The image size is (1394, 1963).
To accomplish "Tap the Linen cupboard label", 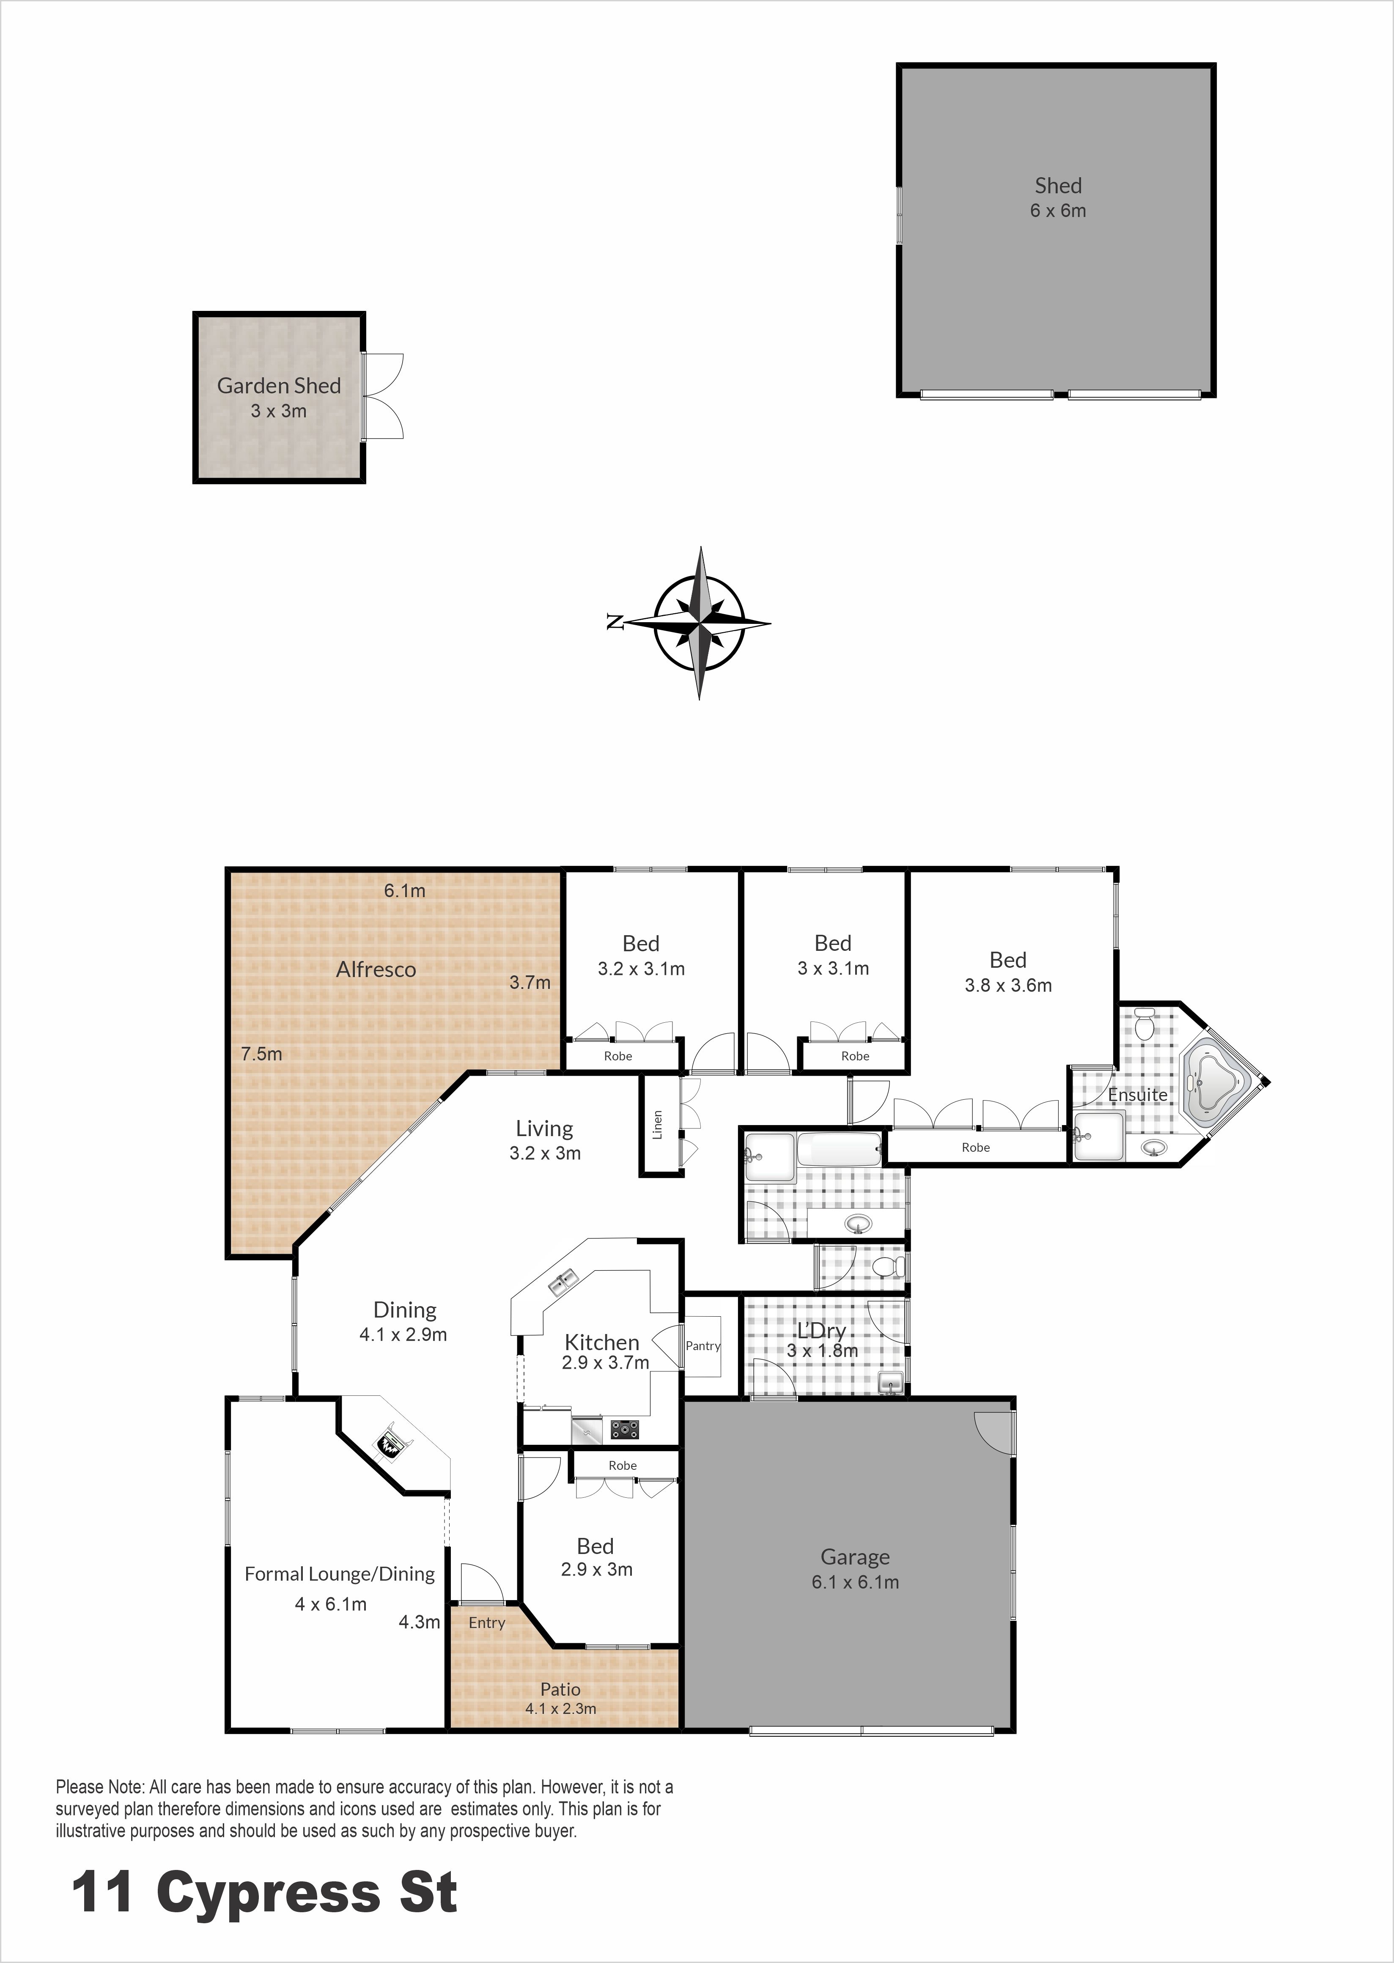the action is click(x=658, y=1124).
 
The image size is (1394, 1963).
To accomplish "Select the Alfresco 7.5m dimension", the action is click(x=261, y=1054).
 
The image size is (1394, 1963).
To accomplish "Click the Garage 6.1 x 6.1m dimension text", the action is click(x=855, y=1582).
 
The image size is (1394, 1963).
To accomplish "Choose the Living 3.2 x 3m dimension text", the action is click(x=545, y=1153).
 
